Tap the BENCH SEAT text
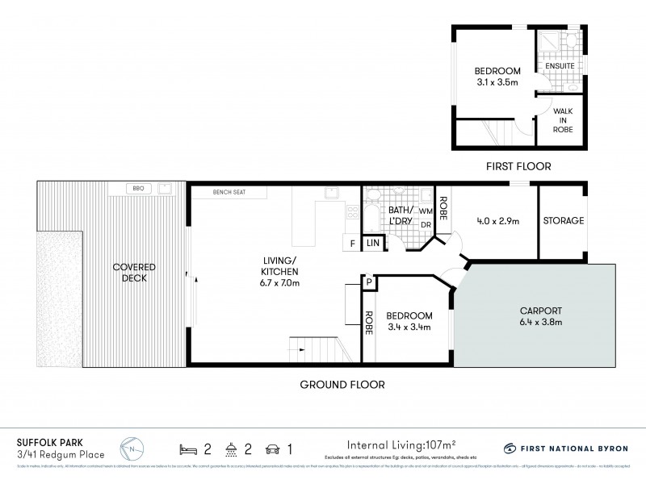[x=229, y=193]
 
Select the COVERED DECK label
[x=134, y=273]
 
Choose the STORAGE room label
[x=563, y=221]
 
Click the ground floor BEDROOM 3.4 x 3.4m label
[x=409, y=320]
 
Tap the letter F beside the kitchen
[x=352, y=243]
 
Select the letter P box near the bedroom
[x=368, y=282]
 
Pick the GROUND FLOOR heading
[x=342, y=385]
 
